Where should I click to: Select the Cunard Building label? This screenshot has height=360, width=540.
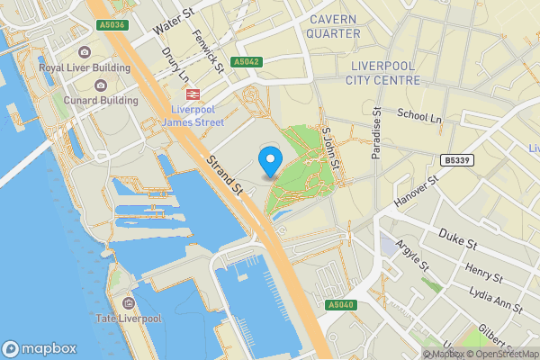click(x=101, y=101)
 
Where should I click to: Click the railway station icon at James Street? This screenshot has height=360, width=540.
click(x=192, y=94)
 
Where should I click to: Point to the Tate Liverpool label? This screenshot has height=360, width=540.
click(x=129, y=319)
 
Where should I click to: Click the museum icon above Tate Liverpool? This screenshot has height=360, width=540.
click(x=129, y=302)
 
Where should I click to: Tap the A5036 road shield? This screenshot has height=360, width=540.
click(x=112, y=25)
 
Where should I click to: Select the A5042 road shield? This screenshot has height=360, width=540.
click(x=246, y=62)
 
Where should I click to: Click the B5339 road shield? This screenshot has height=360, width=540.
click(x=456, y=159)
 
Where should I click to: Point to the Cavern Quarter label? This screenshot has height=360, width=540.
click(x=334, y=26)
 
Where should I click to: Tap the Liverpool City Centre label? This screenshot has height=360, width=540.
click(x=383, y=73)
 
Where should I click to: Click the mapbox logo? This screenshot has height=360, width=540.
click(x=40, y=348)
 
